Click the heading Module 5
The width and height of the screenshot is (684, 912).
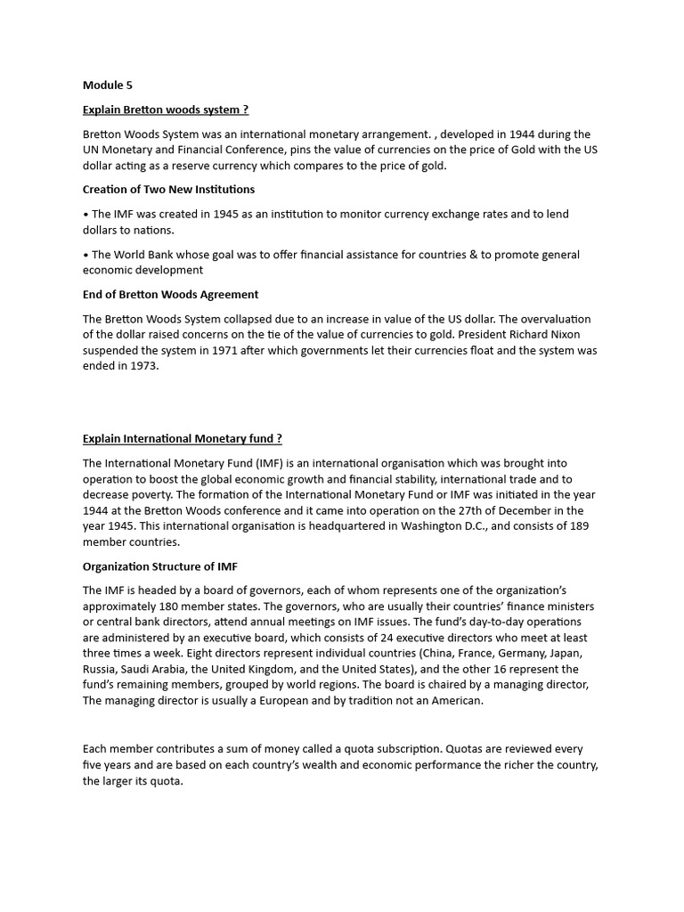(107, 85)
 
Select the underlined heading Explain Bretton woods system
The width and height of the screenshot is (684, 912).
(165, 110)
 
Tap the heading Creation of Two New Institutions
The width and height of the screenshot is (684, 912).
(168, 189)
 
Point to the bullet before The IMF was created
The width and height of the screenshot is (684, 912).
(85, 215)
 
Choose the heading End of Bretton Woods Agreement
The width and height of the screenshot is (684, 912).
(170, 294)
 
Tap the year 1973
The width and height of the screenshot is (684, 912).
(143, 366)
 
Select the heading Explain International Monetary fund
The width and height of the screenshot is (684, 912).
(182, 438)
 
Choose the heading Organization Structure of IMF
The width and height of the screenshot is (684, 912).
(160, 566)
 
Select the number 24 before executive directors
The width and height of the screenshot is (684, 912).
(354, 638)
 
